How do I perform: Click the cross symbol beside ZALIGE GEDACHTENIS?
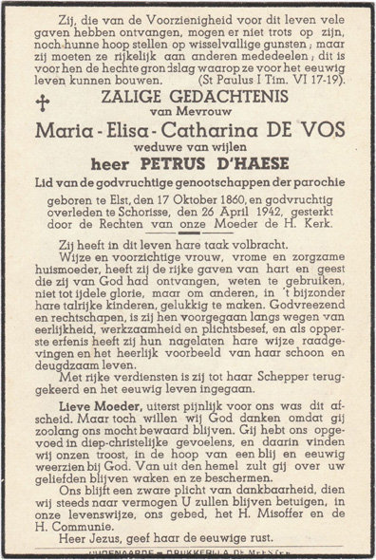click(42, 103)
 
